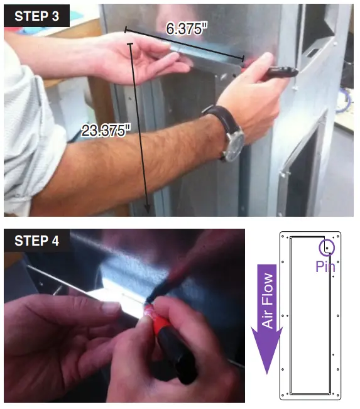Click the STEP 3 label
coord(36,16)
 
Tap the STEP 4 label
coord(36,241)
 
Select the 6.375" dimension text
coord(187,28)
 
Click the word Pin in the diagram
coord(325,266)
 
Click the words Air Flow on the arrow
coord(268,301)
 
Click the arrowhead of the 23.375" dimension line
coord(148,211)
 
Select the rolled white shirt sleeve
coord(25,132)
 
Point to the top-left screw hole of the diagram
coord(283,237)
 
